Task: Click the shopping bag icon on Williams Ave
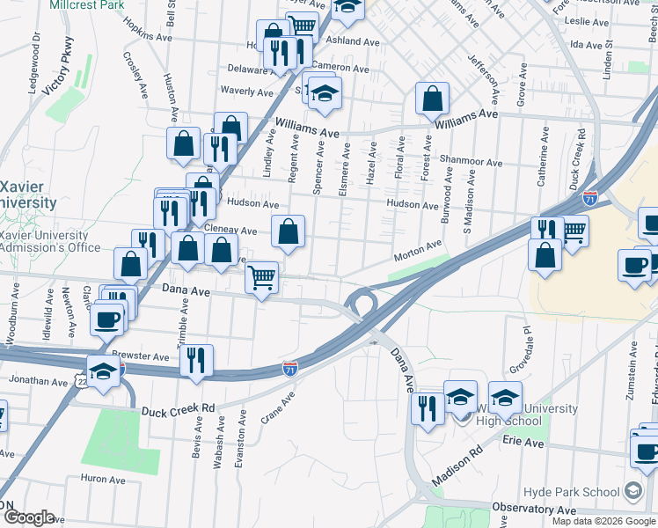click(432, 100)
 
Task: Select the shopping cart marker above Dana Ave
click(261, 278)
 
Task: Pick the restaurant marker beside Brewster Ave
click(196, 359)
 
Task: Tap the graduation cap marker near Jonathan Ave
click(103, 370)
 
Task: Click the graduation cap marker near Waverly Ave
click(325, 94)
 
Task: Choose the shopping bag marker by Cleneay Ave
click(288, 232)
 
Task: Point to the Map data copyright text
click(603, 521)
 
